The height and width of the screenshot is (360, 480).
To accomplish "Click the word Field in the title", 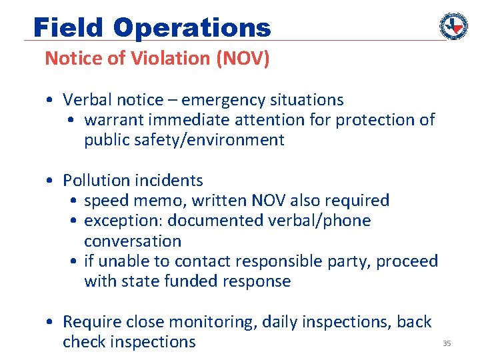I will tap(69, 27).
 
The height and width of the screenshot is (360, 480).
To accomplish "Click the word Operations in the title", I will tap(192, 27).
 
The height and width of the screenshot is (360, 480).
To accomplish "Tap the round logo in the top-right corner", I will tap(453, 26).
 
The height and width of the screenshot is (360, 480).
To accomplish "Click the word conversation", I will tap(133, 241).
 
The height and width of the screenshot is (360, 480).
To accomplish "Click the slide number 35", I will tap(447, 343).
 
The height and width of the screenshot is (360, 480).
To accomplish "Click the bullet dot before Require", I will tap(50, 322).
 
